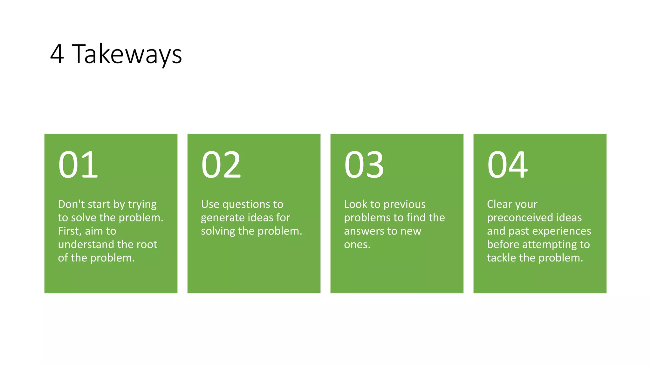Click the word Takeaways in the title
[127, 54]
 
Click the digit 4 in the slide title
[57, 54]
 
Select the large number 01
[78, 165]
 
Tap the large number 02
[221, 165]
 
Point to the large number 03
[364, 165]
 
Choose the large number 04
[508, 165]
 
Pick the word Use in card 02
[210, 204]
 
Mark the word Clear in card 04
[500, 204]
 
